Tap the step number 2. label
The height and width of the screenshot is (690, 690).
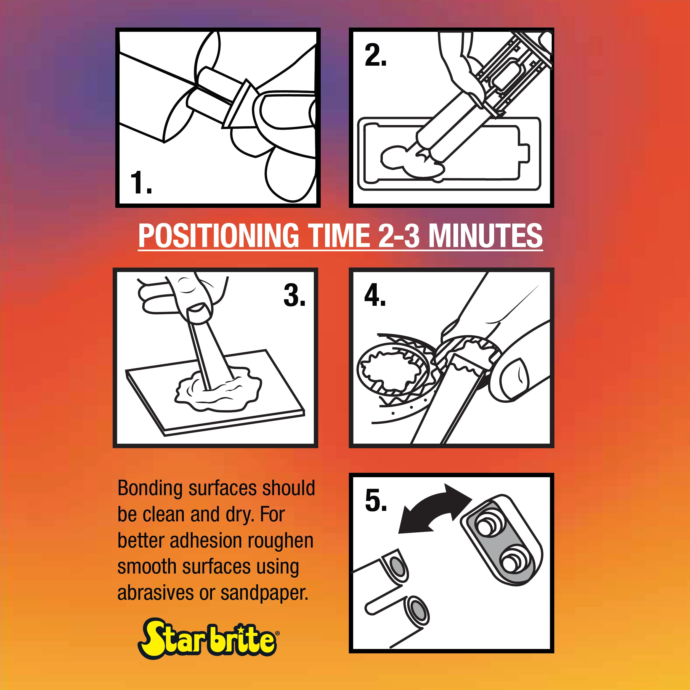click(x=375, y=55)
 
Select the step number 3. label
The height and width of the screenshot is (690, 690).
click(x=294, y=295)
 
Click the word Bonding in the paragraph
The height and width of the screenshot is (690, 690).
click(x=150, y=489)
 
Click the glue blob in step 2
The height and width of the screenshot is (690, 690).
click(x=413, y=162)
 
